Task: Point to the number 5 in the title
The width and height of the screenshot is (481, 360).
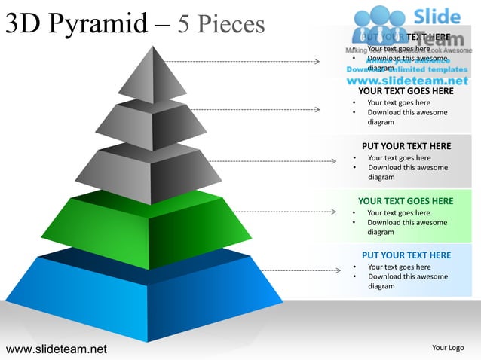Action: pyautogui.click(x=184, y=24)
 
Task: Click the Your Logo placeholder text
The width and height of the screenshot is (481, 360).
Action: pyautogui.click(x=448, y=348)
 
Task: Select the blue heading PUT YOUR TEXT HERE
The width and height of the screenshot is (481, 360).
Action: pyautogui.click(x=406, y=255)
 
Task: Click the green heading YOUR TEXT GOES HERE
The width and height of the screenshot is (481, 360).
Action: pyautogui.click(x=406, y=201)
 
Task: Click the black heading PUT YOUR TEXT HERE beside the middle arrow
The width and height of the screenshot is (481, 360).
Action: pyautogui.click(x=406, y=146)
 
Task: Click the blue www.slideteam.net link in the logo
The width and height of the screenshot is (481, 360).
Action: pyautogui.click(x=407, y=80)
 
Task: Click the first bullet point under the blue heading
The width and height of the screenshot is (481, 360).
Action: pyautogui.click(x=399, y=267)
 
